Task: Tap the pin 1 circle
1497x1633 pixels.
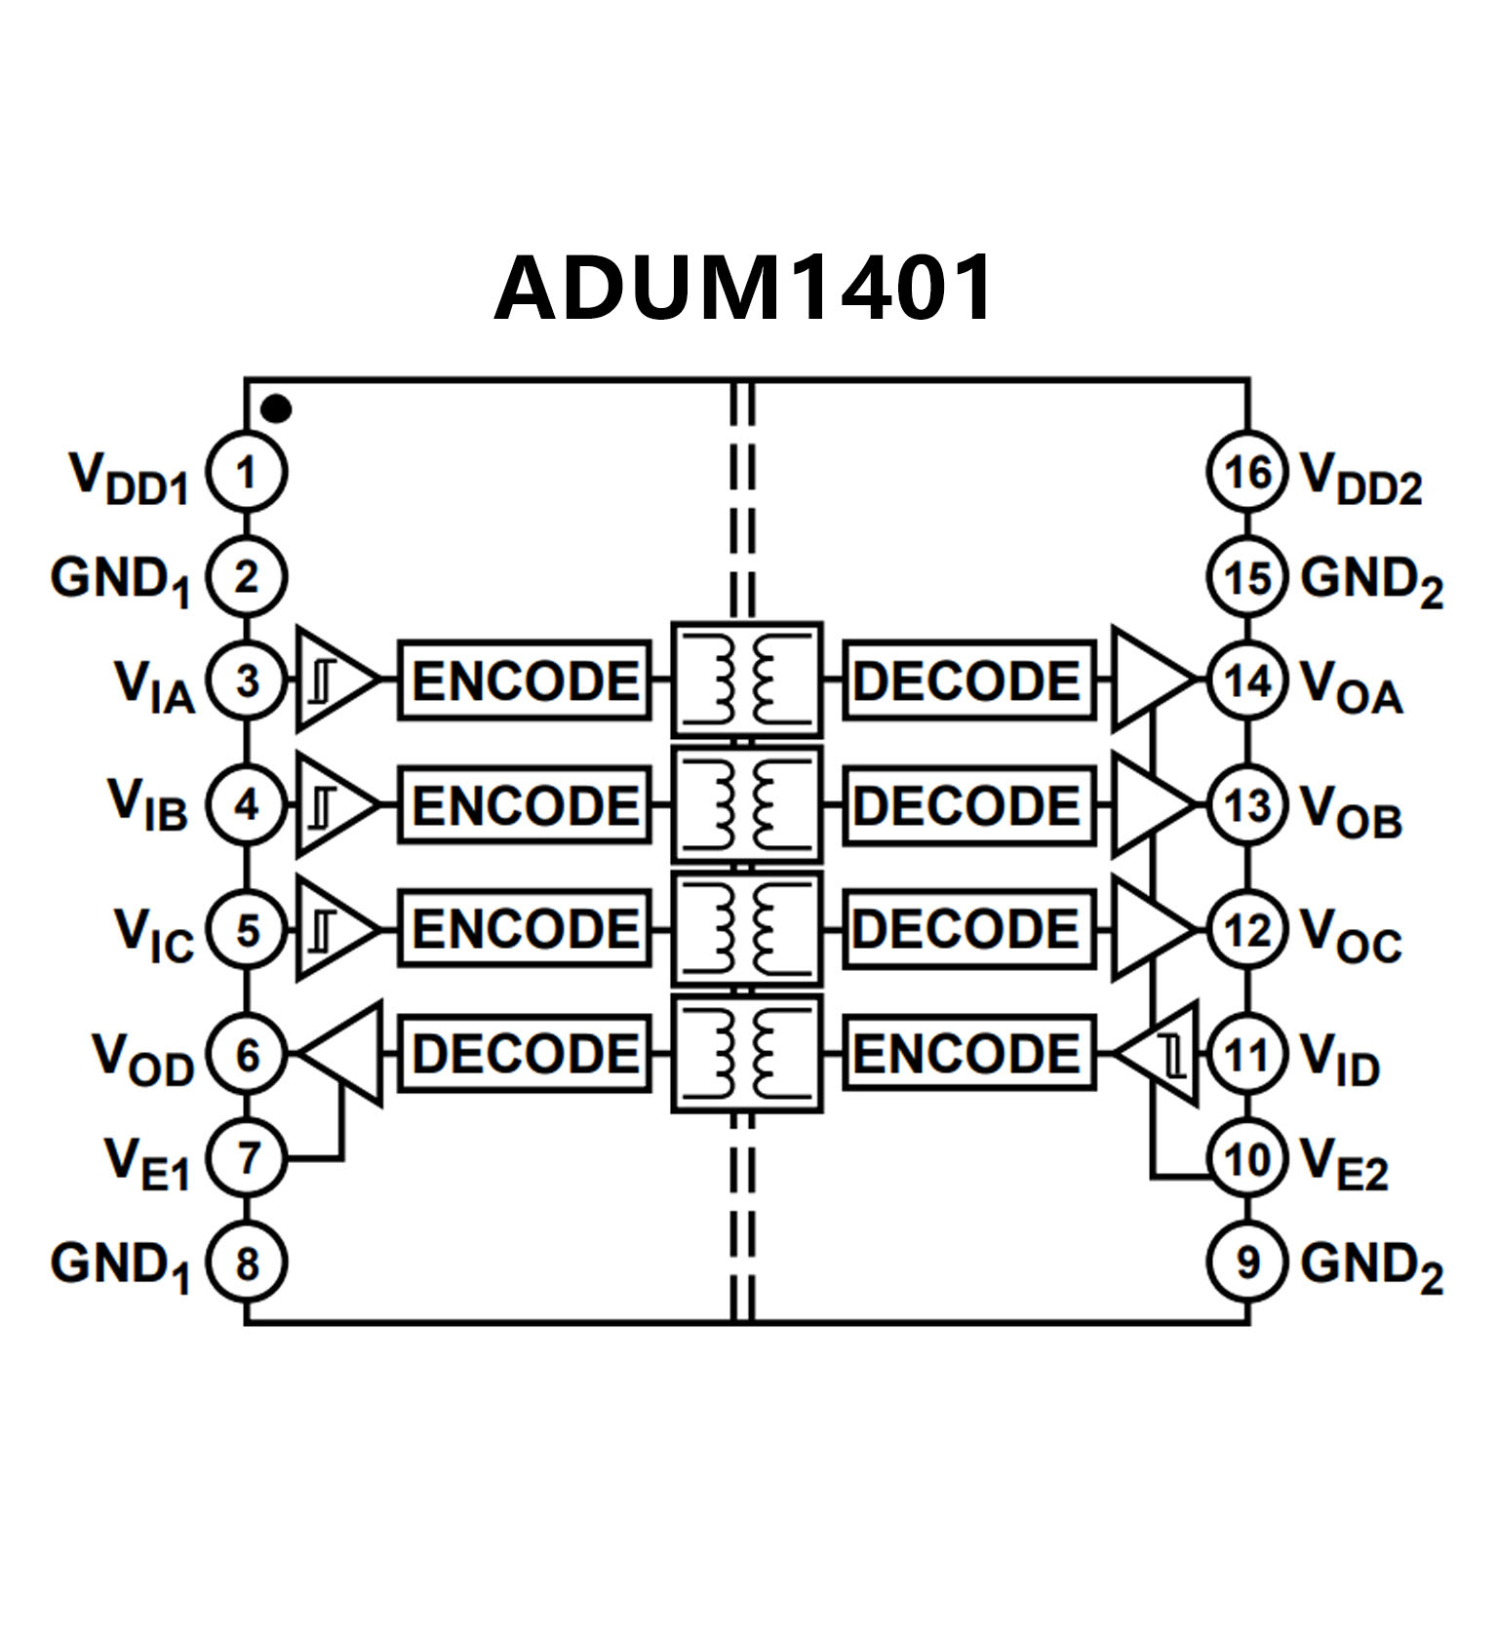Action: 247,472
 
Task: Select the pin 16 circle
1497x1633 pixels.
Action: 1247,472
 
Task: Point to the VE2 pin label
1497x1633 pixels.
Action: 1344,1164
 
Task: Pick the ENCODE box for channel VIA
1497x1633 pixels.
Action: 525,680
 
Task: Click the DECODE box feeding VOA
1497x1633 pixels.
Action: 968,680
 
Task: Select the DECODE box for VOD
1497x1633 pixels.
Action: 525,1054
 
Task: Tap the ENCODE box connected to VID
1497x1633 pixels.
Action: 968,1054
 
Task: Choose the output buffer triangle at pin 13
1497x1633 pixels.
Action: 1148,805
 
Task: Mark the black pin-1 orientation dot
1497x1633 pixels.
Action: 277,408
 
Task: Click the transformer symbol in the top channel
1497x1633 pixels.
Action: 747,680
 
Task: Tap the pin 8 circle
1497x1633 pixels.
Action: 247,1263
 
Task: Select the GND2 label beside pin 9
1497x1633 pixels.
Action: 1370,1265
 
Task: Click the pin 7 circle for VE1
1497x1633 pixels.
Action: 247,1158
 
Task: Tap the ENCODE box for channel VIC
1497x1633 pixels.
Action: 525,929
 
